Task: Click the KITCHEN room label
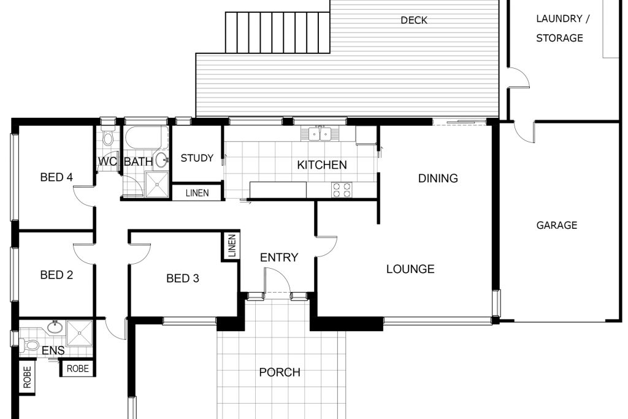322,164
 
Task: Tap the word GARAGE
557,225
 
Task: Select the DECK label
414,20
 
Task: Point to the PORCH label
280,372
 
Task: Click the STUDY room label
197,158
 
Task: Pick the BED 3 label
183,278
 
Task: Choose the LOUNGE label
410,269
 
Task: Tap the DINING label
438,179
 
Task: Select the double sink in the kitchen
320,134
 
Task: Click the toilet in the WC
107,137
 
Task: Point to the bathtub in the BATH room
147,138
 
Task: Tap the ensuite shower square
79,333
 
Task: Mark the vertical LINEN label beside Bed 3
232,247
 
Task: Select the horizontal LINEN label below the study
197,193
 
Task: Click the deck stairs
278,33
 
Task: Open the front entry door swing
278,281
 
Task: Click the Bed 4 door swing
84,196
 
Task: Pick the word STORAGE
559,38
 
